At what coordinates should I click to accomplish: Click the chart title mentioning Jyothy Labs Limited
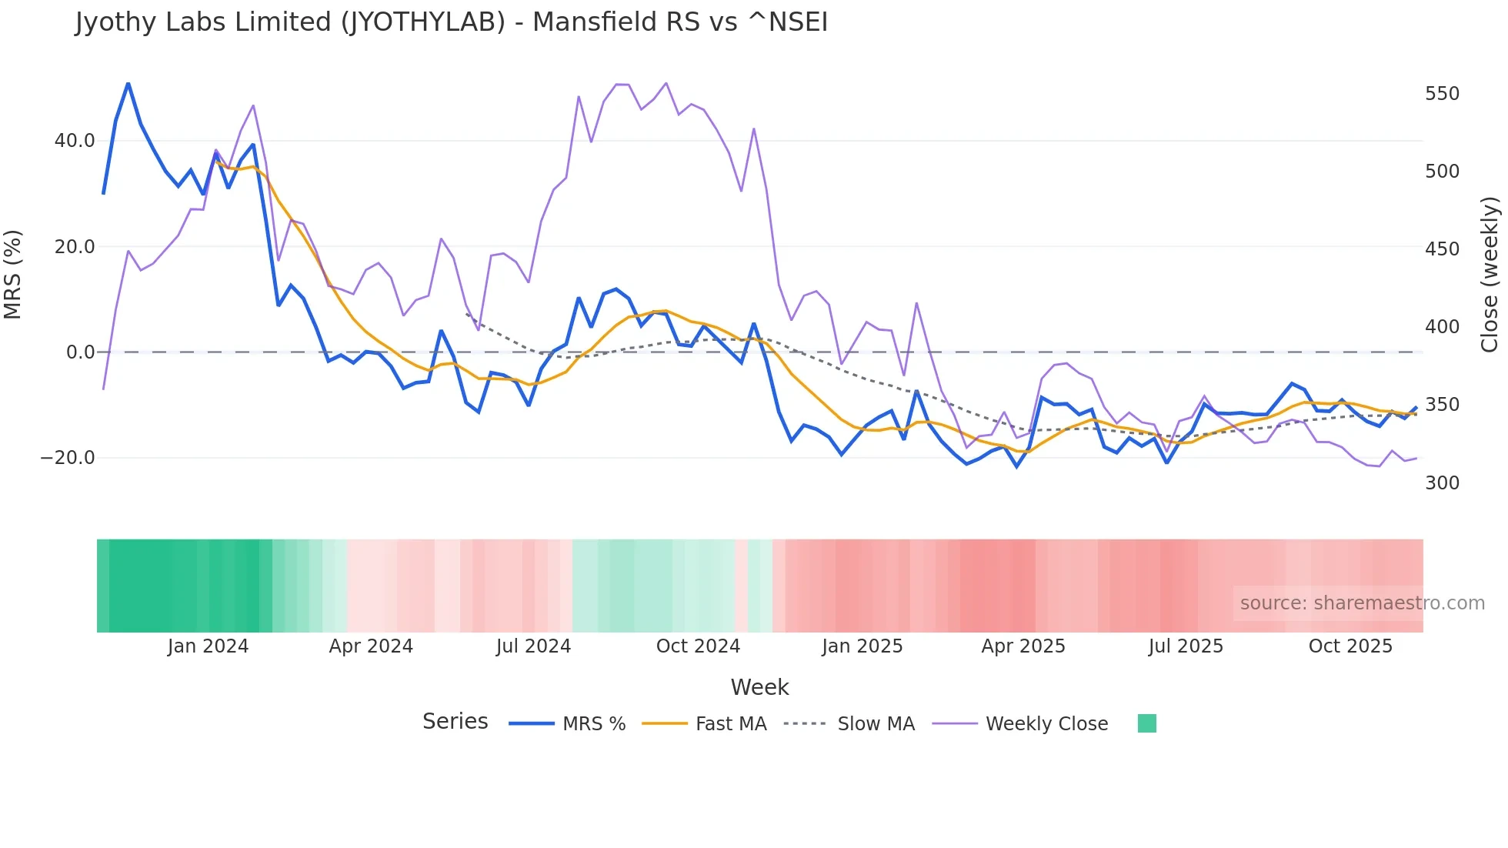click(x=452, y=22)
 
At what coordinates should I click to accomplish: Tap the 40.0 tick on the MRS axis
click(x=75, y=141)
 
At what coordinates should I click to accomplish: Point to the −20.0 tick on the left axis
click(x=68, y=458)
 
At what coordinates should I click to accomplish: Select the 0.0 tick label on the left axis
click(x=80, y=352)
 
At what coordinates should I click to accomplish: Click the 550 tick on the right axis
click(x=1442, y=94)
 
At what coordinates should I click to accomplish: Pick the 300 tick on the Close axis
click(x=1442, y=483)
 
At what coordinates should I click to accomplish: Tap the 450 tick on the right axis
click(x=1442, y=249)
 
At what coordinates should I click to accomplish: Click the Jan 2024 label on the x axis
click(x=208, y=646)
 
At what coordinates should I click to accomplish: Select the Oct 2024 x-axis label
click(x=698, y=646)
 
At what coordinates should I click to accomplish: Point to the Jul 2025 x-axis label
click(x=1186, y=646)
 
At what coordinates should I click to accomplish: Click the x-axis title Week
click(x=759, y=687)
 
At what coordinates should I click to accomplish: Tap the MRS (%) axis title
click(x=13, y=274)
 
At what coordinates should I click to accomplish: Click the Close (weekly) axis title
click(x=1490, y=274)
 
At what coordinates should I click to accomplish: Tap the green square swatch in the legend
click(x=1146, y=723)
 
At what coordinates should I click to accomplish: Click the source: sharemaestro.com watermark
click(x=1362, y=603)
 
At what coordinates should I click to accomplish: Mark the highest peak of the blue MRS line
click(x=128, y=83)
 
